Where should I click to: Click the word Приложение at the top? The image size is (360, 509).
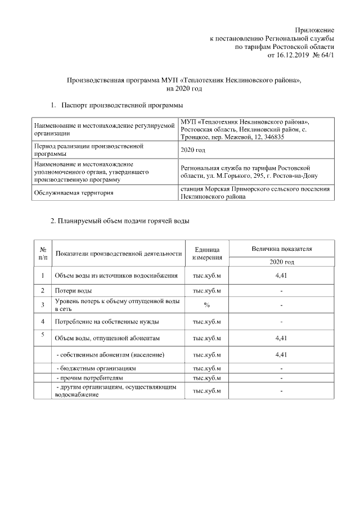[315, 29]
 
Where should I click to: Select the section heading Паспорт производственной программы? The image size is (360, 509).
[122, 105]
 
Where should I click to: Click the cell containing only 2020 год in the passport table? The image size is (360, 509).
[192, 150]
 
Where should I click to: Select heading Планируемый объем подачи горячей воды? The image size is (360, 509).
[120, 221]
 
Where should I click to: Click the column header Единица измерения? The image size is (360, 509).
[207, 253]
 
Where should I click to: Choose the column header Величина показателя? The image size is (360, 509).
[282, 248]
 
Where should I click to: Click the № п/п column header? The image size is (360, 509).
[43, 253]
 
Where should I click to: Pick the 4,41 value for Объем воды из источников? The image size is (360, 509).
[282, 276]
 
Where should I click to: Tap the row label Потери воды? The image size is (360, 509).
[73, 291]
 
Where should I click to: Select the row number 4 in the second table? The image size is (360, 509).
[43, 321]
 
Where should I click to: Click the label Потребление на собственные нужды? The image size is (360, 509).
[106, 322]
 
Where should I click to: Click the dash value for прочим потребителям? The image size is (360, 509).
[282, 378]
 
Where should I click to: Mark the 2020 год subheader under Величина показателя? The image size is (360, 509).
[282, 262]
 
